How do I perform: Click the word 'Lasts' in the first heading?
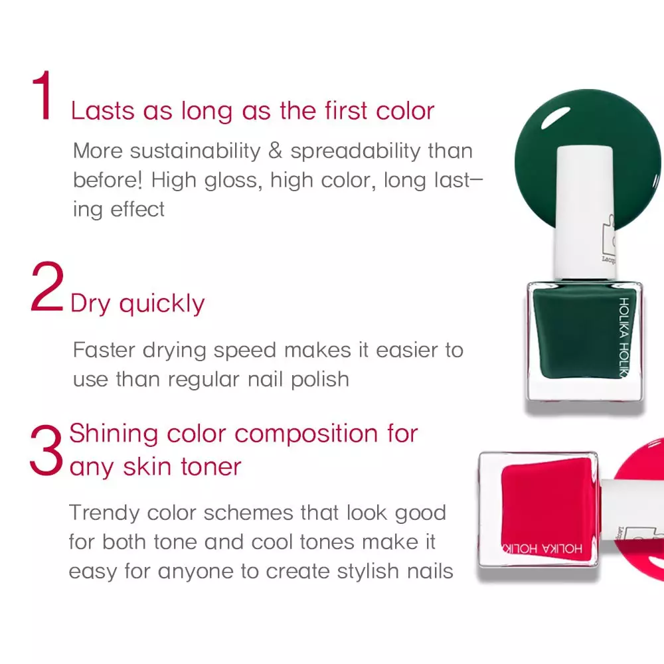pos(103,111)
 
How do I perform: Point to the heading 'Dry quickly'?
pos(137,303)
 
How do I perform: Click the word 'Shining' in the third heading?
pos(114,434)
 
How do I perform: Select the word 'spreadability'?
pos(355,152)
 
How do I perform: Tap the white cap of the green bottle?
pos(584,212)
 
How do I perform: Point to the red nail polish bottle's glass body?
pos(538,508)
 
